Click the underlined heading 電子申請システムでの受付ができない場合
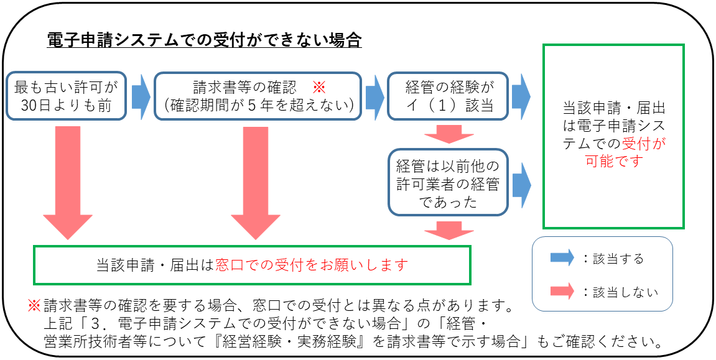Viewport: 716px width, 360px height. coord(205,41)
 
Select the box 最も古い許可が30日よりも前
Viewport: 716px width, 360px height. coord(65,96)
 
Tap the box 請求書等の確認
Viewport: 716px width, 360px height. coord(258,96)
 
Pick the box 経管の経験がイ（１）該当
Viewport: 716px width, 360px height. coord(448,96)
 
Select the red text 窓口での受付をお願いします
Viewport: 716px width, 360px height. coord(312,265)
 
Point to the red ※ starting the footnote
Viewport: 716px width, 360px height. coord(34,306)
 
